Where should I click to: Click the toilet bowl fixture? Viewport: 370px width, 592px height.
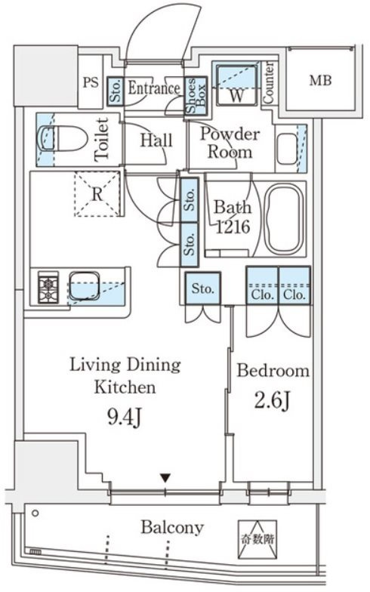(x=62, y=139)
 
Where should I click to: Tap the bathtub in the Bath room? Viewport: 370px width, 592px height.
(x=283, y=219)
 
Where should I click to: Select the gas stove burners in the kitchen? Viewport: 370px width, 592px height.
(x=48, y=287)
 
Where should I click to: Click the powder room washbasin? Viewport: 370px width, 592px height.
(x=287, y=148)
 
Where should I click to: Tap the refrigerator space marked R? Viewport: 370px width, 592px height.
(x=97, y=193)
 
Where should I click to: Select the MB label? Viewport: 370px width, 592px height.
(x=320, y=80)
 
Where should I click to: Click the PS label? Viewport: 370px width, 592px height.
(x=91, y=82)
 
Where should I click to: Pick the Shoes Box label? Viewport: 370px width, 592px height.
(x=196, y=96)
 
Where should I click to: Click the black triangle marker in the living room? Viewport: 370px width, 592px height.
(x=165, y=478)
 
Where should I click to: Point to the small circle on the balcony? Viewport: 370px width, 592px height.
(x=35, y=513)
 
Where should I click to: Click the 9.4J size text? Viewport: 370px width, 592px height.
(x=125, y=417)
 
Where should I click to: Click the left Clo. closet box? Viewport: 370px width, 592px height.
(x=263, y=285)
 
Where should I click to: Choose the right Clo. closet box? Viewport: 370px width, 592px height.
(x=294, y=285)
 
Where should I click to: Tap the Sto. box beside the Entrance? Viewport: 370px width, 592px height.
(x=116, y=91)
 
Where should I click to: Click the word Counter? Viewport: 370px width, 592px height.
(x=268, y=83)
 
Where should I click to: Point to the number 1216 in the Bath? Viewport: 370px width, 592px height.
(x=233, y=227)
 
